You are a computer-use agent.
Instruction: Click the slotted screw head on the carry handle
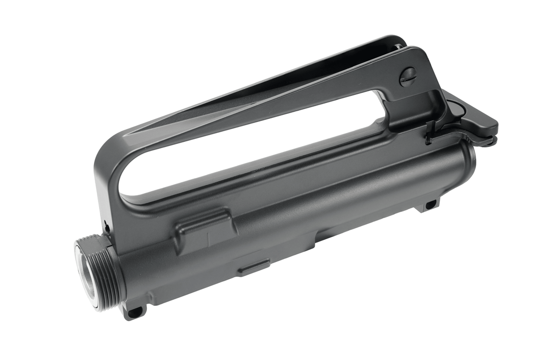408,78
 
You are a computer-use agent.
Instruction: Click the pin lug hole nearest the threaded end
135,310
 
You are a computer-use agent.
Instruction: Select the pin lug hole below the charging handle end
430,205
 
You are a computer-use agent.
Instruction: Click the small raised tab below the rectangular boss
254,267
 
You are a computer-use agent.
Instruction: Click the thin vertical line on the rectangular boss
208,237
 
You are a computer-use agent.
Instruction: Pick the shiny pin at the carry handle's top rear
396,46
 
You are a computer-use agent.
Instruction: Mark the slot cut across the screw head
408,78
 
